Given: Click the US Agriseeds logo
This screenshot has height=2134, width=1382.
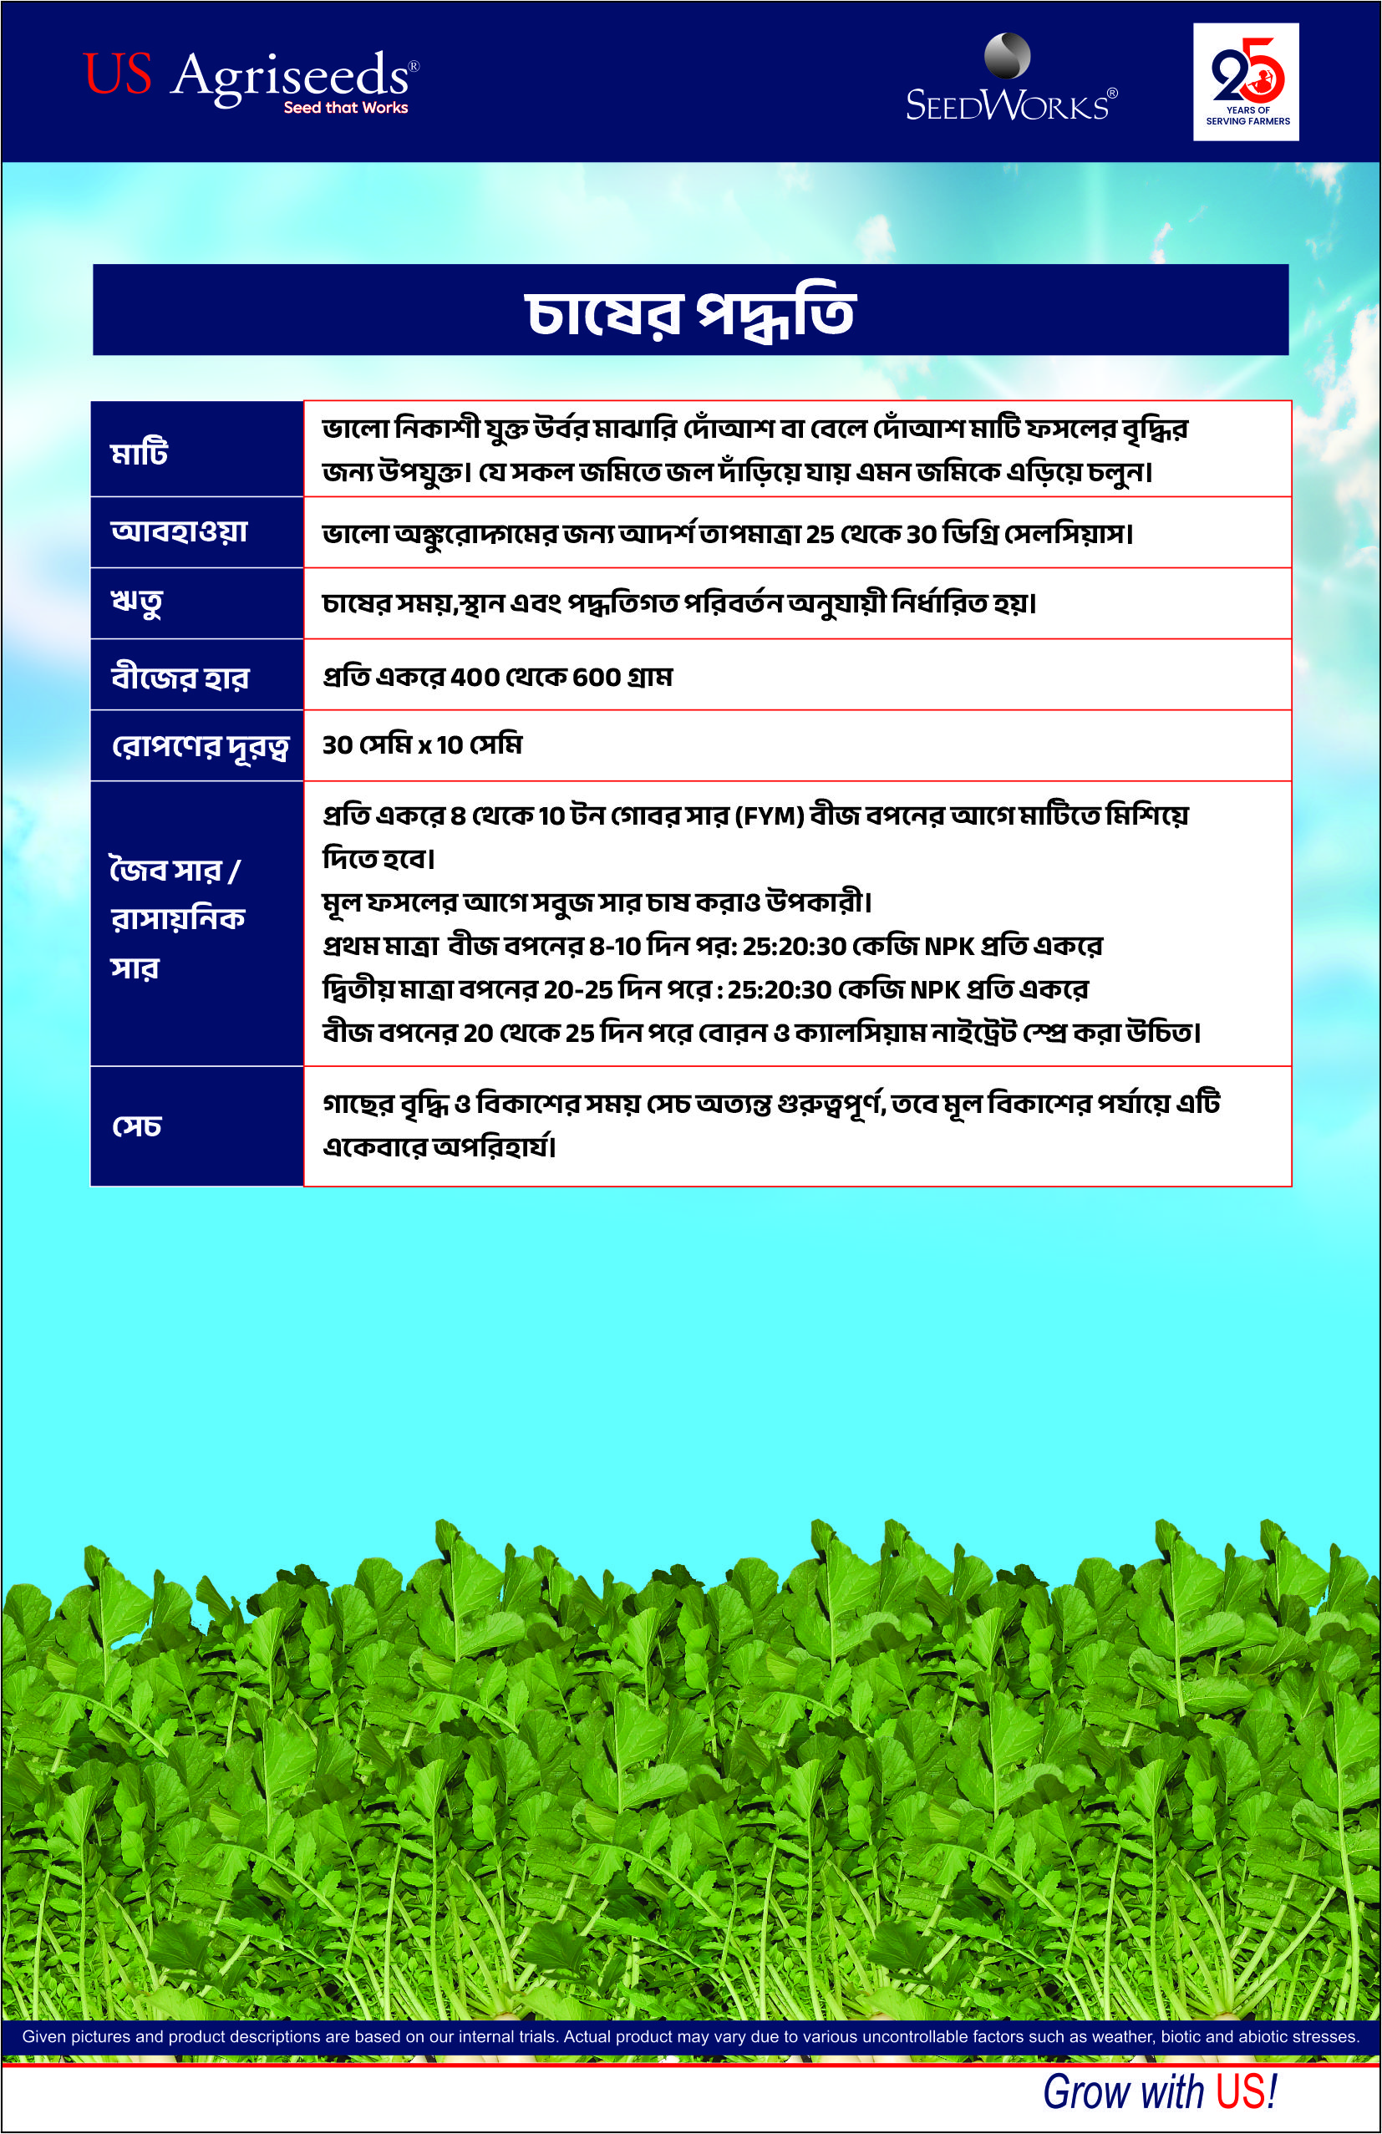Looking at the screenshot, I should tap(249, 75).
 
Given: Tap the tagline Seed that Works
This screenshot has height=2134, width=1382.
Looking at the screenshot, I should tap(345, 108).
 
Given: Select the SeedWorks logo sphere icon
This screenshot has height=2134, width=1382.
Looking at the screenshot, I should tap(1007, 56).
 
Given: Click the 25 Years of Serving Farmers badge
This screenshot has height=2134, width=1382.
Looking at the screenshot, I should tap(1246, 82).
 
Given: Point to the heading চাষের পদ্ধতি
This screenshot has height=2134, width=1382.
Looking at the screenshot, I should tap(689, 313).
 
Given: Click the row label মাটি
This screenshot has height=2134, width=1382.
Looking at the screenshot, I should tap(140, 452).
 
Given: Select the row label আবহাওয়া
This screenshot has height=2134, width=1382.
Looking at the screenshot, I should tap(179, 531).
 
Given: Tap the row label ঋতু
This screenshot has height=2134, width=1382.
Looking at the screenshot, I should tap(136, 602).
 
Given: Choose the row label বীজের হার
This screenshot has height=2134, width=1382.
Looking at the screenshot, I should tap(180, 676).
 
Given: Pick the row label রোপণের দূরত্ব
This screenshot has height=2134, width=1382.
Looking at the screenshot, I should tap(199, 746).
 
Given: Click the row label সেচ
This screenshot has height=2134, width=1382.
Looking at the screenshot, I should tap(136, 1126).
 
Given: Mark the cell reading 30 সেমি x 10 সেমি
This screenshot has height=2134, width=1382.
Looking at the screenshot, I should tap(421, 745).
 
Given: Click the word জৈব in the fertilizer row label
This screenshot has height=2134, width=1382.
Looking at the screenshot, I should tap(138, 871).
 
